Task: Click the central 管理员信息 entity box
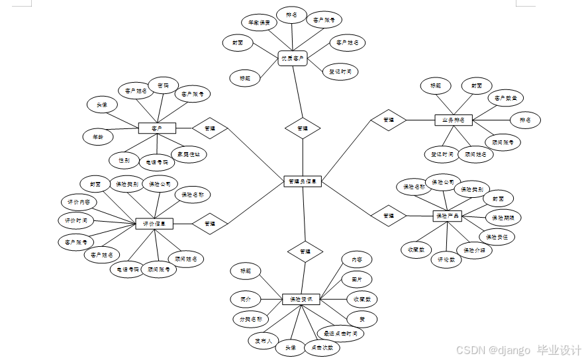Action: [x=303, y=181]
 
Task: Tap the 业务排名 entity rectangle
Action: [x=453, y=120]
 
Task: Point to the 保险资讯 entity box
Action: [x=301, y=299]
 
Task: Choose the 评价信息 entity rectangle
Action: [x=154, y=224]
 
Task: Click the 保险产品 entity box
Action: [x=448, y=215]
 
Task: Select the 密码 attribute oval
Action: [x=162, y=85]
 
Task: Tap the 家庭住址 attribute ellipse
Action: [x=189, y=154]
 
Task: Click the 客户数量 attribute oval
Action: [x=506, y=99]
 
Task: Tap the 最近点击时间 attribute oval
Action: [x=340, y=333]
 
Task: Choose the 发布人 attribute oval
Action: [x=259, y=341]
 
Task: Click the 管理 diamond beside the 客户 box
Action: [x=210, y=128]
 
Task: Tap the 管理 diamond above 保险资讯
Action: [x=305, y=251]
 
